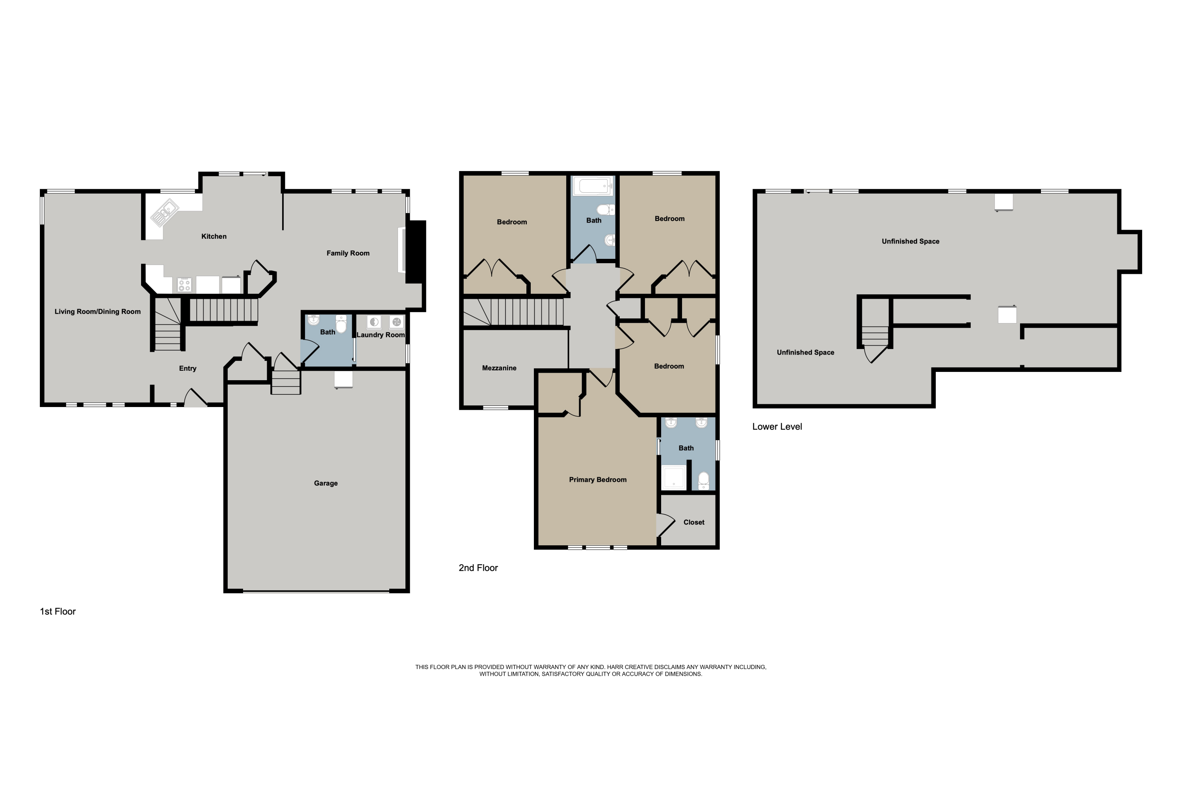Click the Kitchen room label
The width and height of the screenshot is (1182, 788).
(214, 236)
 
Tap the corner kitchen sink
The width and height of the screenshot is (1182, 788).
(164, 213)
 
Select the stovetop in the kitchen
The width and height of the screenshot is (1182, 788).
(184, 285)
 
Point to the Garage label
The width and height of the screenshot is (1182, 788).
(326, 483)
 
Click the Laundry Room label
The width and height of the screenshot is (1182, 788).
(381, 335)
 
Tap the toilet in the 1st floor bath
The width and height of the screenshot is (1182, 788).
(341, 324)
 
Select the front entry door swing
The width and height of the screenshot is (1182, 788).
(195, 398)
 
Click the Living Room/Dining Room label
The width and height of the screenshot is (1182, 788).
(97, 312)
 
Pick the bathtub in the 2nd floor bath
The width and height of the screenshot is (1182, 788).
(594, 186)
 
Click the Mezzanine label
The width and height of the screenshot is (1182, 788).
(499, 368)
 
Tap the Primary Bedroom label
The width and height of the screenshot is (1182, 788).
(598, 479)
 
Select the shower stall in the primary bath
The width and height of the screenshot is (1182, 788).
(673, 478)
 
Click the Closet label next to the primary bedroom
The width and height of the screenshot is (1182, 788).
(693, 522)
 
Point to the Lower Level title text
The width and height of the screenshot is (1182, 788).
(777, 427)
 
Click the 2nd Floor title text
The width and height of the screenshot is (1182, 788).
(478, 568)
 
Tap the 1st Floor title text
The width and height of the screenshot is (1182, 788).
(58, 611)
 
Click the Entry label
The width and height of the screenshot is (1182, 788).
(188, 368)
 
